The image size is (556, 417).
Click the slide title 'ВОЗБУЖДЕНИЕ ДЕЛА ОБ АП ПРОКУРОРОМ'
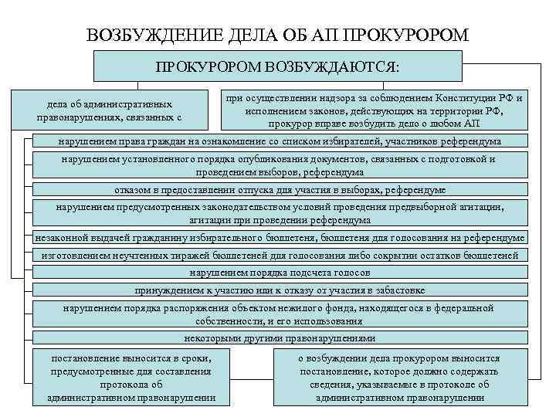[277, 35]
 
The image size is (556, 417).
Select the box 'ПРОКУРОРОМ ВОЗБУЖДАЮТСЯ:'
[277, 66]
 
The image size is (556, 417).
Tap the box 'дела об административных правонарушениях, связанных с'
[109, 110]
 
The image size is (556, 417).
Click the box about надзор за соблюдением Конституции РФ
[374, 110]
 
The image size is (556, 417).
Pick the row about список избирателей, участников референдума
[280, 142]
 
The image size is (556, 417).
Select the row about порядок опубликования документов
[280, 166]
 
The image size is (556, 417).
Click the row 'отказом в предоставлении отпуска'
[280, 190]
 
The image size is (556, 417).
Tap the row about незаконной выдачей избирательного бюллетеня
[280, 238]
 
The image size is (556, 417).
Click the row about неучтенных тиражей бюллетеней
[280, 256]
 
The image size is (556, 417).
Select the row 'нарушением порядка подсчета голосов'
[280, 273]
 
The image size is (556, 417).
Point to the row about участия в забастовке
[280, 291]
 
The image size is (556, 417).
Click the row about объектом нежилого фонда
[280, 315]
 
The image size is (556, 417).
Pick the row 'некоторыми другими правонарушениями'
[280, 338]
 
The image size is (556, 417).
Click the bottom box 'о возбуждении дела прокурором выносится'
[398, 378]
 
